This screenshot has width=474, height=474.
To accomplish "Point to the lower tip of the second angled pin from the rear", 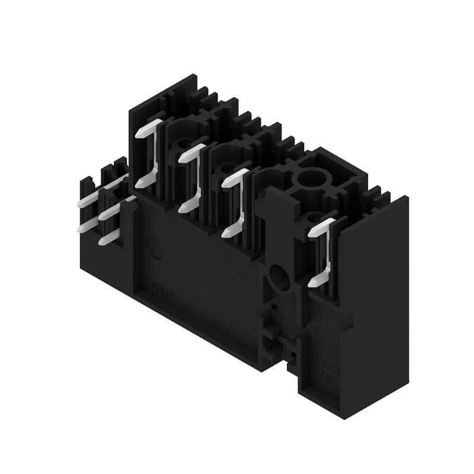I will click(184, 208).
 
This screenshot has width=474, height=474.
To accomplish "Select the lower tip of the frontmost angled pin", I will click(315, 283).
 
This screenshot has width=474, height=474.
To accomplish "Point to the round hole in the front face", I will click(277, 274).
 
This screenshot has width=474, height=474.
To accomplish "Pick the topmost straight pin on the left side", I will click(87, 201).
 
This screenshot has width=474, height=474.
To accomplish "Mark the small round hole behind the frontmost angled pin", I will click(315, 217).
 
